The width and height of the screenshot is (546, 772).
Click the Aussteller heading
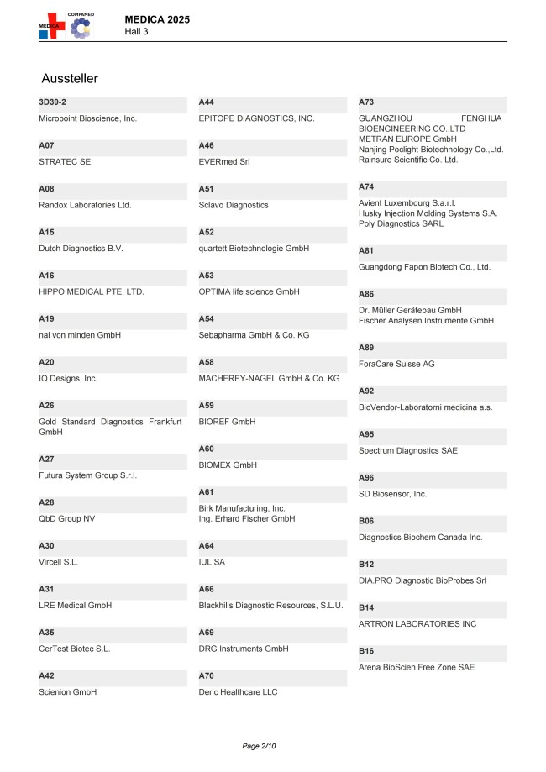tap(70, 78)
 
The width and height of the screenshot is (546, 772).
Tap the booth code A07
tap(47, 145)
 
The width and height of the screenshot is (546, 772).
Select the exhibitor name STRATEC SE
tap(65, 161)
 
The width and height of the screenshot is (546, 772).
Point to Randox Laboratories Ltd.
tap(85, 205)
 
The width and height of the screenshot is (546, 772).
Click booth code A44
tap(207, 102)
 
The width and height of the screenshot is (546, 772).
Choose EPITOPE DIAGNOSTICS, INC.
tap(256, 118)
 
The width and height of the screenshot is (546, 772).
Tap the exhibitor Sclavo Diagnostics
tap(234, 205)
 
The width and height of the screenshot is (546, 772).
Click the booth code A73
tap(366, 102)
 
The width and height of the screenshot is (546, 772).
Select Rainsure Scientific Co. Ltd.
tap(408, 160)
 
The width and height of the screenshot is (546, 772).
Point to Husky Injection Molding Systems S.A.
tap(428, 213)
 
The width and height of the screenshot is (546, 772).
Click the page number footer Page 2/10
tap(259, 746)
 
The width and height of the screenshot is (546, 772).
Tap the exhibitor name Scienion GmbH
tap(68, 692)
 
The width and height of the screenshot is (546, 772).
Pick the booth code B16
tap(366, 651)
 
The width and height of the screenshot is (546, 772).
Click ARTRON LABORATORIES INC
tap(417, 624)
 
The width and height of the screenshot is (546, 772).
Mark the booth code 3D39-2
tap(53, 102)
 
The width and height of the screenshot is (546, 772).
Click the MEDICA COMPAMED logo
tap(66, 25)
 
